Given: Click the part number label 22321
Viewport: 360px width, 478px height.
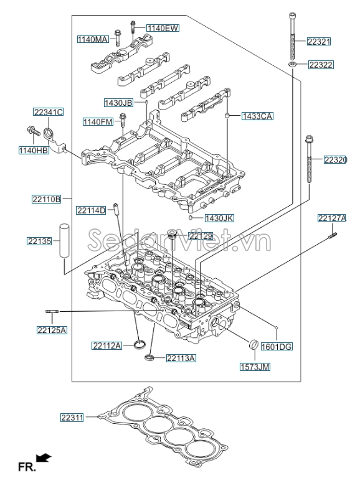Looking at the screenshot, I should point(319,42).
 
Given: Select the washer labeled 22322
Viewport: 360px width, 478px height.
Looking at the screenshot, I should point(291,64).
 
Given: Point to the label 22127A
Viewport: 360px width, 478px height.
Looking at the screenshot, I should point(331,218).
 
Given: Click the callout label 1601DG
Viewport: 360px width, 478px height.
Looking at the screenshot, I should point(277,346).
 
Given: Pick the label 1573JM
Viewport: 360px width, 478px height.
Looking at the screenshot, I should point(255,367).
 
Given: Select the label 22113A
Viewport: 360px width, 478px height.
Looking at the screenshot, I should point(181,358).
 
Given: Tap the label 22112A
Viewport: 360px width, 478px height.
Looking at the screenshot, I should point(107,345).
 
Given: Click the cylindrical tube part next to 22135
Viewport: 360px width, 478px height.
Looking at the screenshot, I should point(64,248).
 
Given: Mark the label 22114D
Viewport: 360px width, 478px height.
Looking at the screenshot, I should point(92,210).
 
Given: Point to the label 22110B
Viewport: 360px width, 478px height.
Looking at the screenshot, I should point(47,199).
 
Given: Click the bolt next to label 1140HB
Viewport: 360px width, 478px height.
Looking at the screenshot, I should point(31,131).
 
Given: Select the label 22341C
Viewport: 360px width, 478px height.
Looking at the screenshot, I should point(49,112).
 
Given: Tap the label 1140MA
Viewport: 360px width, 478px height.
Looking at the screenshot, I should point(93,39).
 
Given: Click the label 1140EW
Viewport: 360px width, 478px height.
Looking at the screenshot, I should point(163,28).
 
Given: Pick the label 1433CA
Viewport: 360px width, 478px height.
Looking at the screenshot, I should point(258,116).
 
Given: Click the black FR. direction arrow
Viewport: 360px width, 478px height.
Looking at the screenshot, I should point(44,459).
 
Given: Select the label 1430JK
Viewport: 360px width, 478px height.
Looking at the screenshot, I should point(220,218).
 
